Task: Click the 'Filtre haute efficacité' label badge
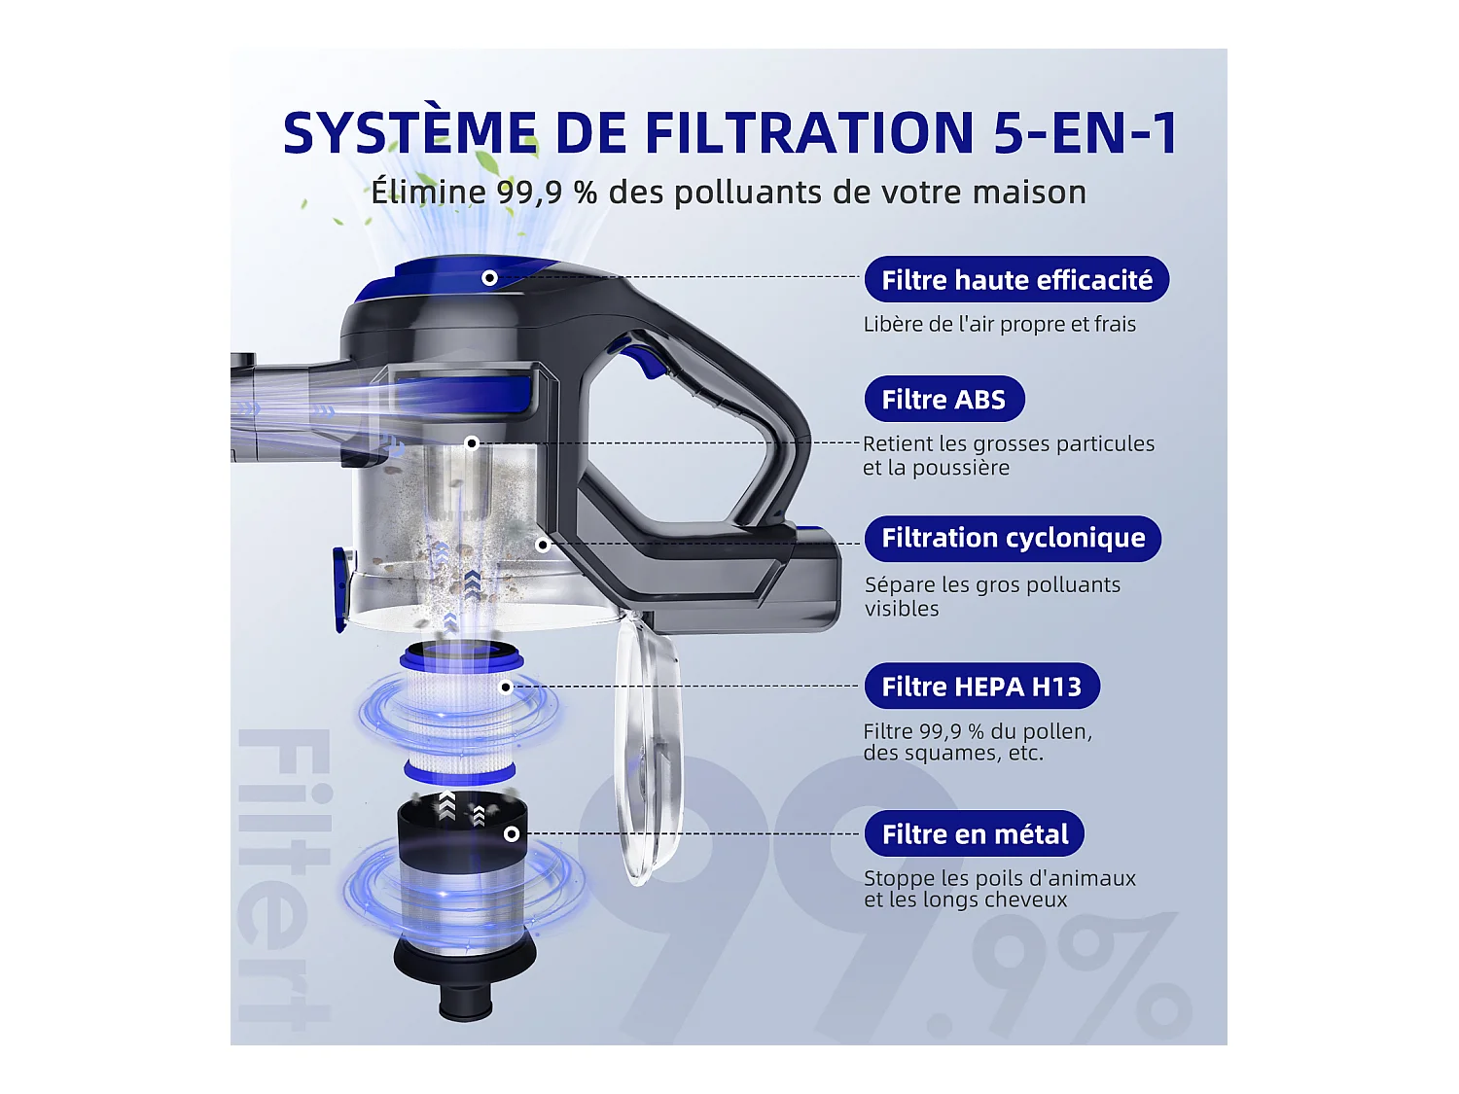[x=1016, y=280]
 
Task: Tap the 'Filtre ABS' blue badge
[x=943, y=400]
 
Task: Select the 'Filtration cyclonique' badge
[x=1013, y=539]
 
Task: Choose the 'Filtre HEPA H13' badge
[x=981, y=687]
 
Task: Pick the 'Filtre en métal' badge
[x=975, y=834]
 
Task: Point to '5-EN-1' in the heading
[x=1085, y=133]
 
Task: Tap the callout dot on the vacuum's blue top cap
[x=490, y=278]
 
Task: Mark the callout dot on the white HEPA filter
[x=506, y=688]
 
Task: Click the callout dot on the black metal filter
[x=512, y=834]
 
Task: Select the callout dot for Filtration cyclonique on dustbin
[x=543, y=545]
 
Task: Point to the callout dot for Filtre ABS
[x=472, y=443]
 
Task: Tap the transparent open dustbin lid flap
[x=646, y=749]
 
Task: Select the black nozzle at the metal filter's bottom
[x=465, y=997]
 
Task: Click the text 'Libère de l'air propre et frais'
[x=999, y=325]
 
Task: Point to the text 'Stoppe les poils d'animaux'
[x=999, y=878]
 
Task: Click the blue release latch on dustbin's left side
[x=341, y=588]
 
